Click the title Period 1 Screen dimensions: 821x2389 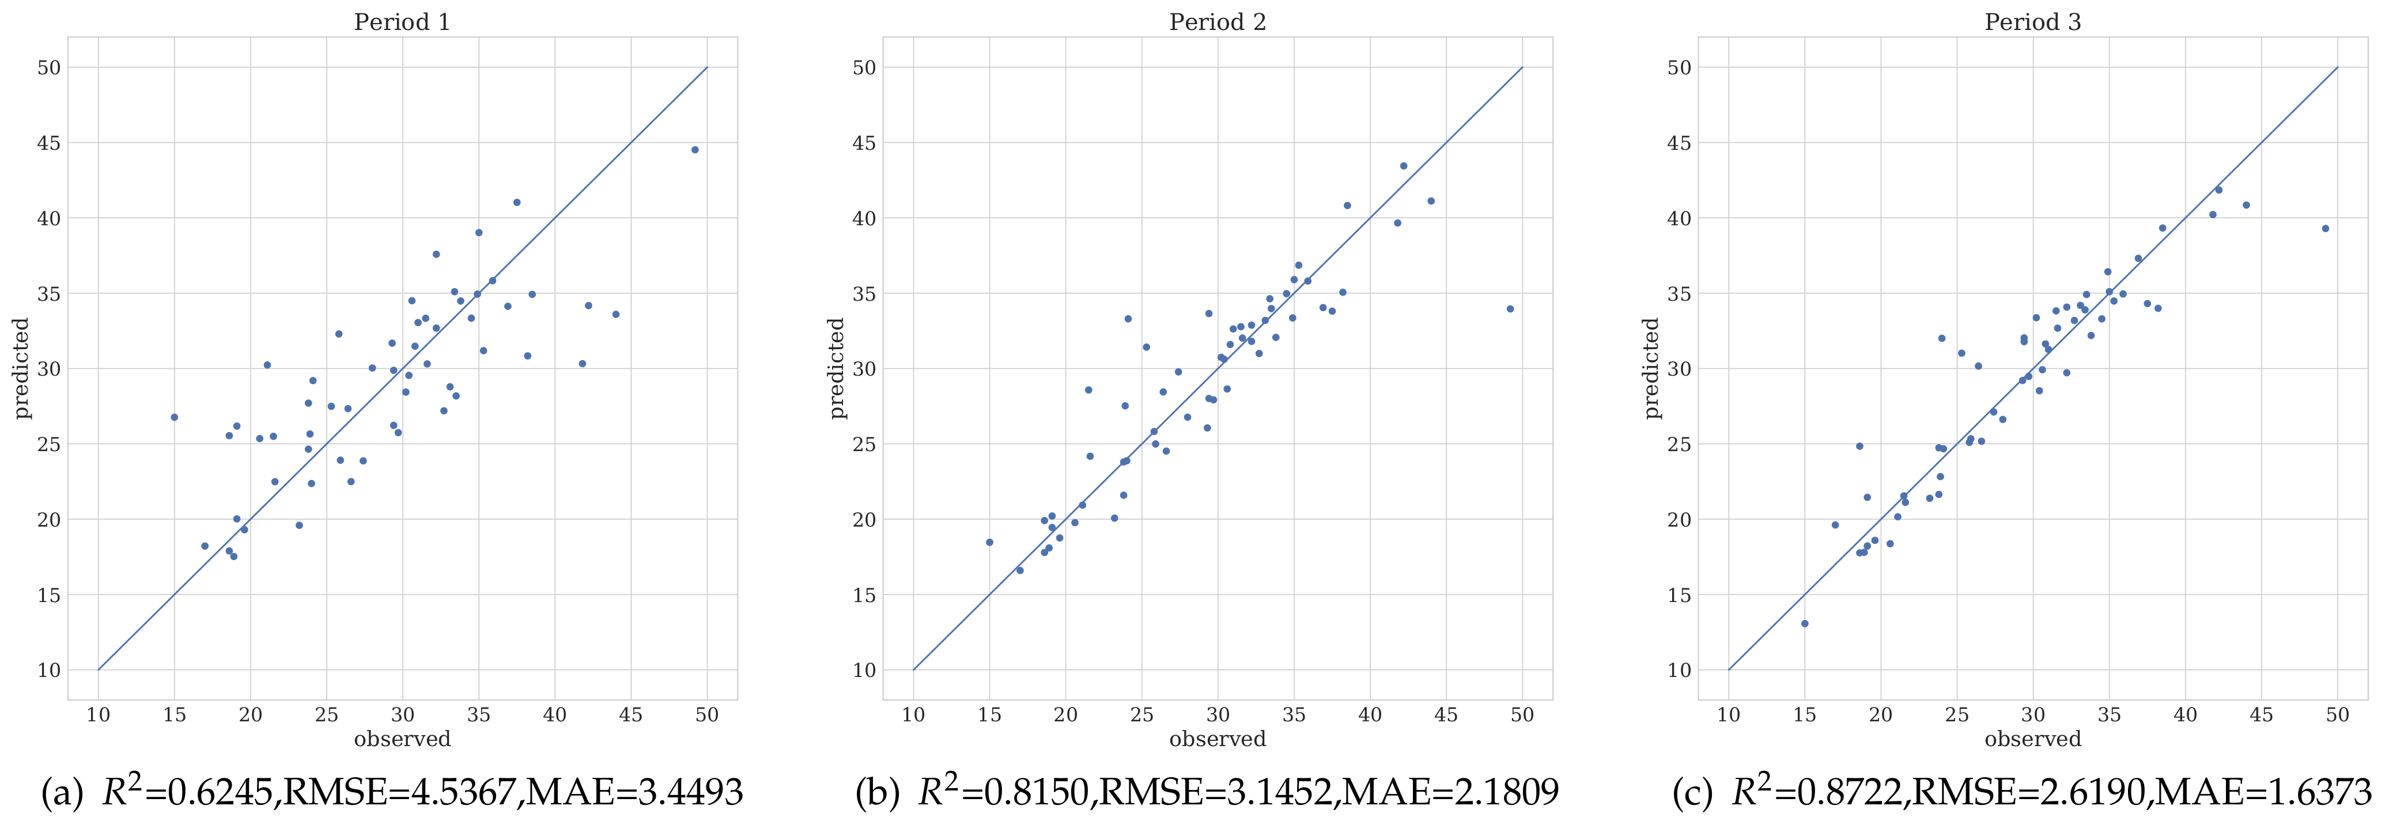tap(402, 22)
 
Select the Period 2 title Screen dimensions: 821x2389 tap(1217, 22)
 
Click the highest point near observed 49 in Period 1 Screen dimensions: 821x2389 tap(694, 149)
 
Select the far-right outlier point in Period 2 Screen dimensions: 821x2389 tap(1510, 309)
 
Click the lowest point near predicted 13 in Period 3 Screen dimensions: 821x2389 tap(1805, 623)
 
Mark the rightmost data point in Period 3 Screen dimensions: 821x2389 tap(2325, 228)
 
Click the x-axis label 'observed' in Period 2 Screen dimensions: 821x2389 tap(1217, 739)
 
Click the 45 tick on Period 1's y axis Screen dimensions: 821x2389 tap(49, 143)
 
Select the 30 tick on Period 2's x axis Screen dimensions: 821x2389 tap(1218, 715)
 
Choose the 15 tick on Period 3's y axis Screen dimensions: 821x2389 tap(1680, 595)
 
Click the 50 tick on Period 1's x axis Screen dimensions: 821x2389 tap(706, 715)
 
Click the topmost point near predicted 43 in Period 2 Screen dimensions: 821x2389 tap(1403, 166)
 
